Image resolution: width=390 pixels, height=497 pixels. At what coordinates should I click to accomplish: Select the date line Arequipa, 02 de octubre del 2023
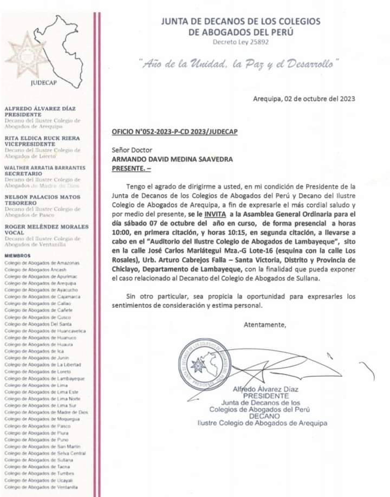coord(304,99)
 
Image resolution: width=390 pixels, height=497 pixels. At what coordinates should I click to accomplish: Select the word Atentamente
coord(264,325)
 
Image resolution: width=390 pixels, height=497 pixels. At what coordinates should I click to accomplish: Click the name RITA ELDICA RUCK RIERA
coord(42,138)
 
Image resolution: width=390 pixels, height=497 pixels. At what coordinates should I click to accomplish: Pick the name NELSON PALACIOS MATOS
coord(41,197)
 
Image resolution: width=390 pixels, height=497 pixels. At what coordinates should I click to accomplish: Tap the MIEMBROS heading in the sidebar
coord(17,255)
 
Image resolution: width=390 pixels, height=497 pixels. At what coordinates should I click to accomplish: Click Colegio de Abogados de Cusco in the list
coord(36,317)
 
